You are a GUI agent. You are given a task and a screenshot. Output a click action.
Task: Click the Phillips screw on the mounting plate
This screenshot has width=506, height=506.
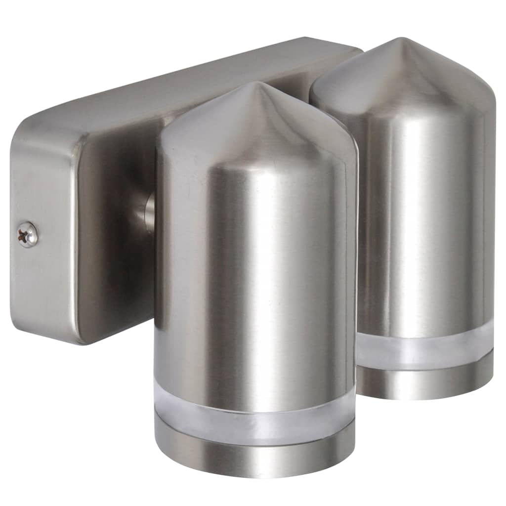point(28,234)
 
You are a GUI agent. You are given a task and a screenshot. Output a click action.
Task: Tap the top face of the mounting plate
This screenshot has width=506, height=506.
point(198,74)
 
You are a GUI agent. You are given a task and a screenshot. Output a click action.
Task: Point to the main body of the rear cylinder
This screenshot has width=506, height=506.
point(425,222)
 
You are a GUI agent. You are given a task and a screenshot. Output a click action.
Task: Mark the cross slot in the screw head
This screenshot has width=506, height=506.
point(27,234)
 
